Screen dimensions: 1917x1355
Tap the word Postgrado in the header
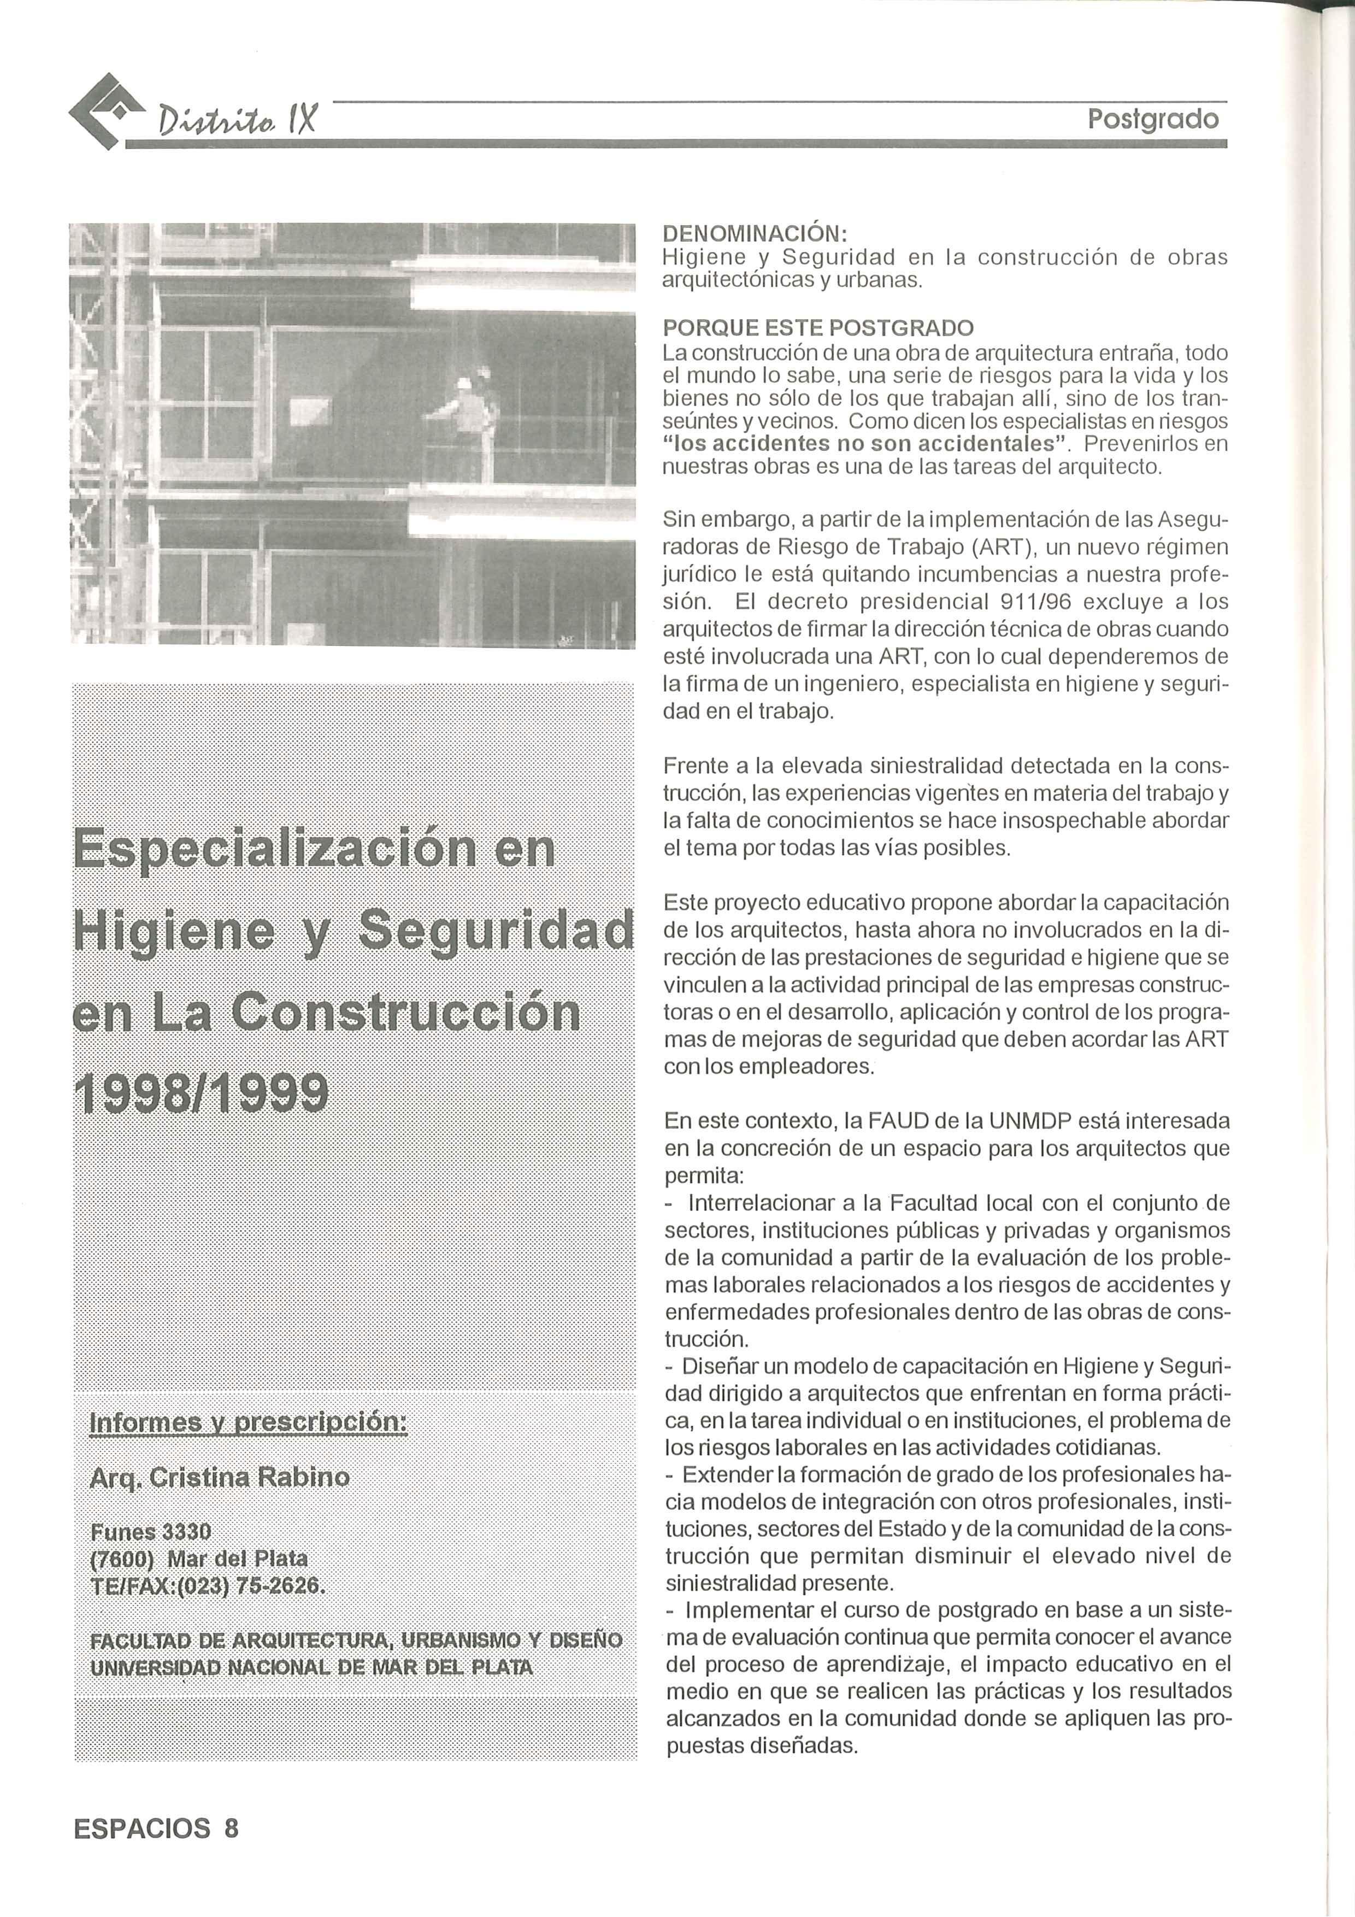tap(1153, 119)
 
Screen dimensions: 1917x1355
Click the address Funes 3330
tap(150, 1531)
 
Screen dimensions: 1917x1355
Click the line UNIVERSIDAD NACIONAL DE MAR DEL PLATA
tap(310, 1667)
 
